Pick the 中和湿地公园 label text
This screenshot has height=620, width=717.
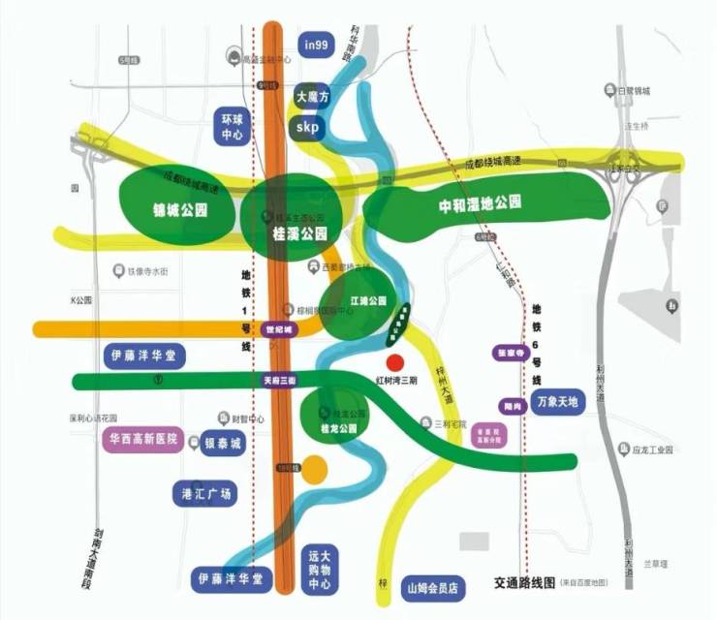coord(481,203)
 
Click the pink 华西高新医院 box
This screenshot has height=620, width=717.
coord(142,439)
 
